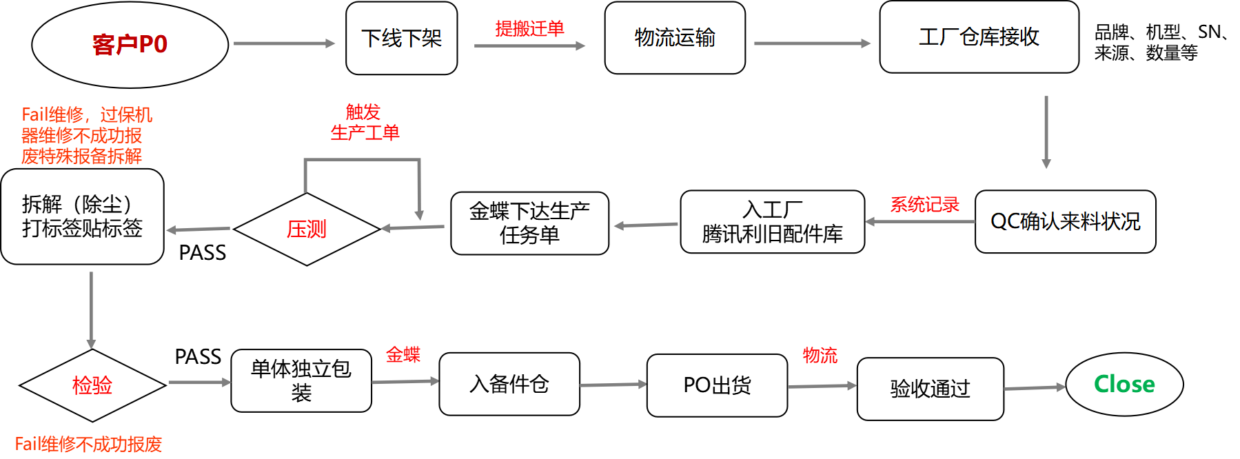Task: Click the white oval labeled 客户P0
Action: coord(130,44)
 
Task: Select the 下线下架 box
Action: coord(401,38)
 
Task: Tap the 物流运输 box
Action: coord(674,38)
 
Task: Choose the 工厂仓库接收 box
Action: coord(979,37)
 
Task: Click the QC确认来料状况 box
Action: coord(1065,221)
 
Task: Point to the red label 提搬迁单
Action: coord(529,28)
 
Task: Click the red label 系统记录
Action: coord(924,205)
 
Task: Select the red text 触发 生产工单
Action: coord(364,122)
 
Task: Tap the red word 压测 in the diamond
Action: coord(307,229)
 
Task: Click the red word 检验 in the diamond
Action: coord(92,385)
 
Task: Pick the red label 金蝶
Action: coord(403,355)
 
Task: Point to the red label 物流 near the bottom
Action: coord(820,356)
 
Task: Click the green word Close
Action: coord(1124,384)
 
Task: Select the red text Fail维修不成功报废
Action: coord(88,445)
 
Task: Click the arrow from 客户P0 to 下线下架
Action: coord(284,43)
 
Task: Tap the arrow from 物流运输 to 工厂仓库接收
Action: coord(812,43)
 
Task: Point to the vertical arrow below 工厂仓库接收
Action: coord(1046,132)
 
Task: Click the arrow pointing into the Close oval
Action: coord(1034,388)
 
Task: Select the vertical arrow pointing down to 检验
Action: coord(91,309)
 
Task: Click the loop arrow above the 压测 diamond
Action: coord(362,161)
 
